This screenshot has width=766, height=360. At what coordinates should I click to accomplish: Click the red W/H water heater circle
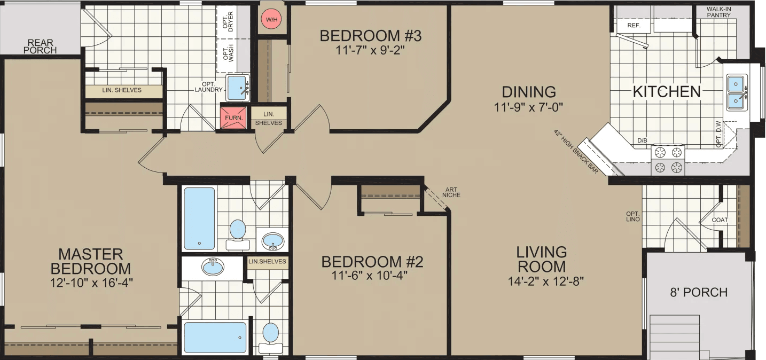pos(272,20)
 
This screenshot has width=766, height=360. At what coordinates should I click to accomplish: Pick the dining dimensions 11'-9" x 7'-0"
pos(529,107)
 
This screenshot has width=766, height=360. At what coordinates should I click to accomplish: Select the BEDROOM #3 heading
pos(371,36)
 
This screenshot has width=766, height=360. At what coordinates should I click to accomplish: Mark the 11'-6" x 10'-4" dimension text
pos(372,277)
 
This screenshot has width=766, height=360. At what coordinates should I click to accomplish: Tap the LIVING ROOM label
pos(542,259)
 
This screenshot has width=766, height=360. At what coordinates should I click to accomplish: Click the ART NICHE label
pos(451,192)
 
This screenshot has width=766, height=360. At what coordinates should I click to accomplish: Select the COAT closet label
pos(720,220)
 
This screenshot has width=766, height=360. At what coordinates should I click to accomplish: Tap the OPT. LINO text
pos(633,216)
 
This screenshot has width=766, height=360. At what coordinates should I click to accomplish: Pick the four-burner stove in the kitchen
pos(667,160)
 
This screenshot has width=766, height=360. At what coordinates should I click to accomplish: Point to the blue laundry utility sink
pos(238,88)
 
